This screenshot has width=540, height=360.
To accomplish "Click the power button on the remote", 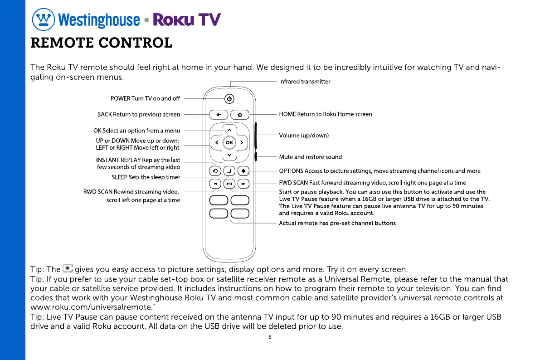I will pos(229,99).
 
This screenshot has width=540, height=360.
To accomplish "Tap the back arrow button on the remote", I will pos(219,115).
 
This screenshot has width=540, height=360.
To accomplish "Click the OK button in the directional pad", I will pos(229,142).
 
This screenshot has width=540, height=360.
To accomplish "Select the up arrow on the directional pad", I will pos(229,131).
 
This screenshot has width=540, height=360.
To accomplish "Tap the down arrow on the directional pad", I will pos(229,155).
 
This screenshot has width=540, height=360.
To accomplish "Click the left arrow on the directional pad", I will pos(217,142).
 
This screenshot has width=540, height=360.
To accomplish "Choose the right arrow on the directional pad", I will pos(242,142).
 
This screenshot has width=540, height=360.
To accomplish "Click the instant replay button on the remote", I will pos(215,171).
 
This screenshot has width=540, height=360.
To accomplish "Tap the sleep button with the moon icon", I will pos(229,171).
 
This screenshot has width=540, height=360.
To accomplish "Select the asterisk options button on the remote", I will pos(243,171).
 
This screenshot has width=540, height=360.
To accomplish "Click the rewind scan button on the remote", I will pos(215,184).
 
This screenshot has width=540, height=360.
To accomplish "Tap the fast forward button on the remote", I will pos(243,184).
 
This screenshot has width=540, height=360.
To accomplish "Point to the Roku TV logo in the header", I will pos(187,19).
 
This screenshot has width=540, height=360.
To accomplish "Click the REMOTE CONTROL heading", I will pos(101,43).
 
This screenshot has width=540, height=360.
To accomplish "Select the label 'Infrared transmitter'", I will pos(304,82).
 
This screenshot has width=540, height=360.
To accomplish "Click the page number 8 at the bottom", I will pos(270,337).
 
